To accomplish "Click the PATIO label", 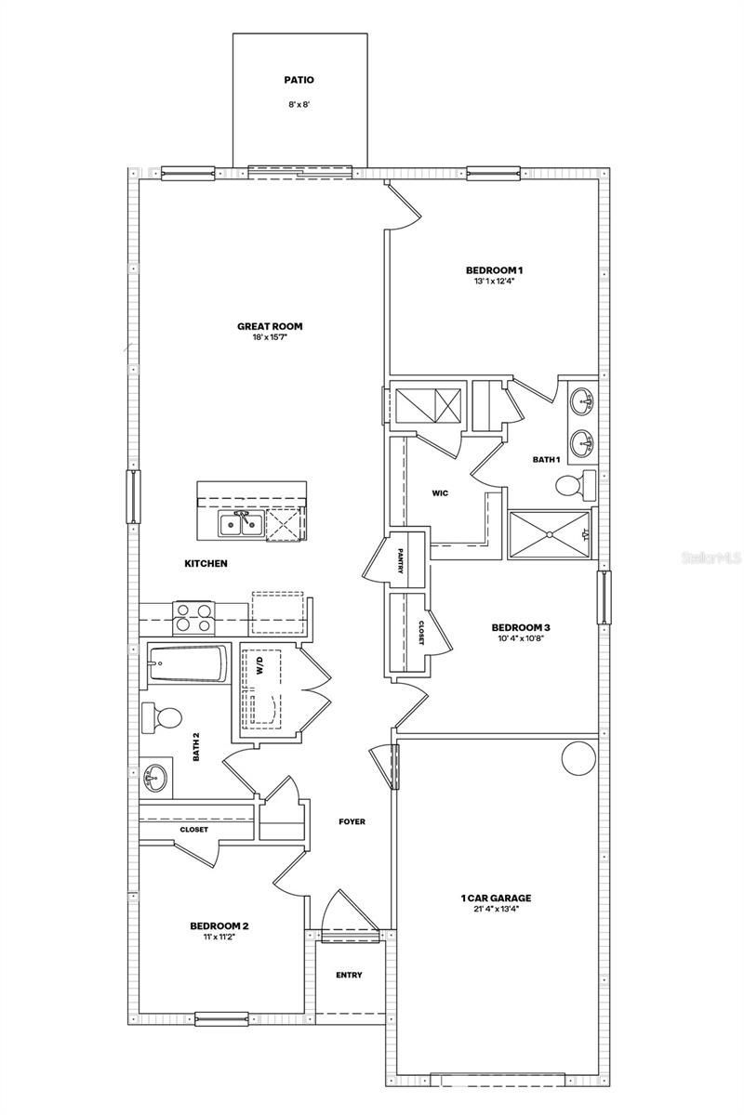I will (299, 81).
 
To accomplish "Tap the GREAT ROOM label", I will (270, 326).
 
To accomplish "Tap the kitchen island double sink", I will (239, 525).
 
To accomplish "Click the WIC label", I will (440, 493).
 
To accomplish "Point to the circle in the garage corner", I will (577, 758).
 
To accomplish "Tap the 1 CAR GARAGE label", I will (496, 899).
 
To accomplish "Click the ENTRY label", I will (349, 975).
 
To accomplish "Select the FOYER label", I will (352, 821).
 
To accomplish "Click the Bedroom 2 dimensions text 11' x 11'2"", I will (219, 937).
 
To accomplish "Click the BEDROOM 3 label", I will (521, 627).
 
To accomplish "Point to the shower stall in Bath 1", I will (551, 534).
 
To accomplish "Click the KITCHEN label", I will (206, 564).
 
